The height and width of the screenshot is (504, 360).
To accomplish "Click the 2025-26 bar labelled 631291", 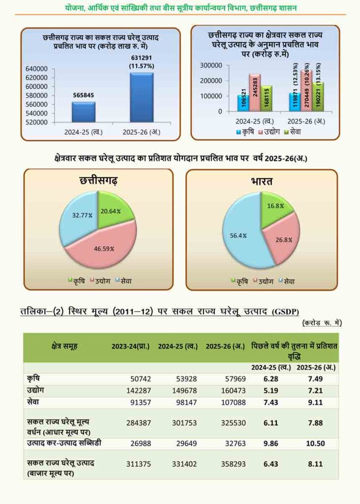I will tap(141, 97).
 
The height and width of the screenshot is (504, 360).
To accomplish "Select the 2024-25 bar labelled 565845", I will tap(83, 112).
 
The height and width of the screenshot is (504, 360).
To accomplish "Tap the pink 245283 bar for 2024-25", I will tap(254, 92).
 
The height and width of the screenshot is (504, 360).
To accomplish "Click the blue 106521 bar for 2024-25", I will tap(242, 102).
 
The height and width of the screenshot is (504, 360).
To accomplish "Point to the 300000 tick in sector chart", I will tap(212, 65).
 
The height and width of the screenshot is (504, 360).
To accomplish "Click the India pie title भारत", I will tap(261, 182).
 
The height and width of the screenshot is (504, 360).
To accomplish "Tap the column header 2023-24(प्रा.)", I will tap(130, 346).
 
